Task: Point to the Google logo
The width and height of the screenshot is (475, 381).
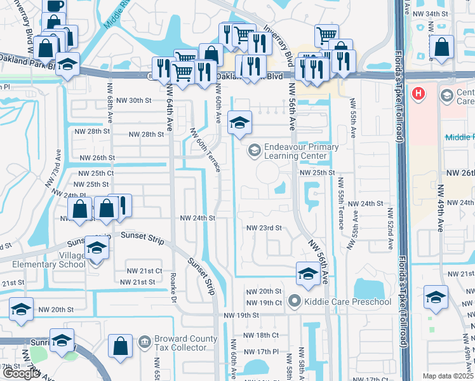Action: (20, 373)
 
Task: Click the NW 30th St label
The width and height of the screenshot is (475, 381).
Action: (131, 100)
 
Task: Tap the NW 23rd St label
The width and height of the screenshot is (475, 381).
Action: (264, 227)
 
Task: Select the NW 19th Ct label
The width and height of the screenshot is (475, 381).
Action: (264, 302)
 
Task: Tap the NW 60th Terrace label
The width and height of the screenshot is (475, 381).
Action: (204, 149)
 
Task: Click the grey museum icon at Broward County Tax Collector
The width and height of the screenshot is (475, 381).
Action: (145, 342)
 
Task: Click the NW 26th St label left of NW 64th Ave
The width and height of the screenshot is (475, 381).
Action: (97, 157)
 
